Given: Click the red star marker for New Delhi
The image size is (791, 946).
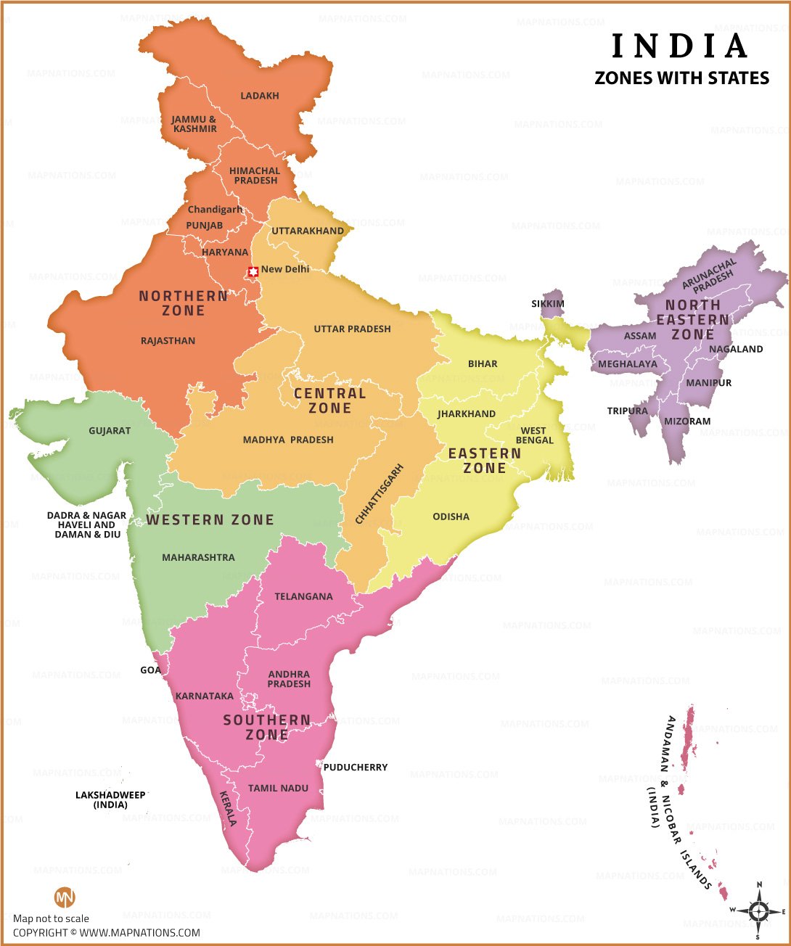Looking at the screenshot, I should point(253,272).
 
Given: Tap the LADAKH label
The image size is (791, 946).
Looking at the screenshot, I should point(260,96).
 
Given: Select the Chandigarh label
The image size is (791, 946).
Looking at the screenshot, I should point(215,210).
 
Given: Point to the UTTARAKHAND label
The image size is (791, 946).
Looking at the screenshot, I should point(308,231).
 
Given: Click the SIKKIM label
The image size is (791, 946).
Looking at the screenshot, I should point(548,304).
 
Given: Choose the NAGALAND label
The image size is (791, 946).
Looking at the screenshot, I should point(736,349).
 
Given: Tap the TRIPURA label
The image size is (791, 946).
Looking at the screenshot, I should point(627,411).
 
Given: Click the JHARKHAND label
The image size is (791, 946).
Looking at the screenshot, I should point(467,414).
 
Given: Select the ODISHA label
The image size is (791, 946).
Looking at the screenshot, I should point(451,517).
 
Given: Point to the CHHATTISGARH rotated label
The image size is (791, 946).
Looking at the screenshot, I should point(379,493).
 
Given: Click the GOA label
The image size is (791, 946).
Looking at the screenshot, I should point(150,670).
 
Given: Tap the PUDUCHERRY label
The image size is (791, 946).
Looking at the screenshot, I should point(356,767).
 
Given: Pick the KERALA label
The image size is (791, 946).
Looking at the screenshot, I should point(228,808).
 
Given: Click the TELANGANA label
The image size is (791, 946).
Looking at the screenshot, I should point(303,596).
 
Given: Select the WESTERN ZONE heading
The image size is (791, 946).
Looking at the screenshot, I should point(210,519).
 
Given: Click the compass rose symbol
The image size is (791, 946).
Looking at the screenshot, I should point(758,910).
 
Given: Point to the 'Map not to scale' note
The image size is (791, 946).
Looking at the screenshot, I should point(51,918).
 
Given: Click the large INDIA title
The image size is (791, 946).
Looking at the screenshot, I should point(680,46).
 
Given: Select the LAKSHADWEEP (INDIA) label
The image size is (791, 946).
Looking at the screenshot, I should point(110,799).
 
